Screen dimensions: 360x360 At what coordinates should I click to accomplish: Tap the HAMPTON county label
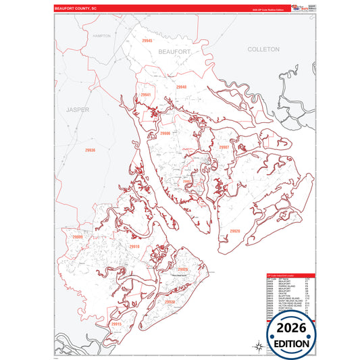tap(101, 36)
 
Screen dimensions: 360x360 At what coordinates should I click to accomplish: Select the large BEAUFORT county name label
tap(175, 51)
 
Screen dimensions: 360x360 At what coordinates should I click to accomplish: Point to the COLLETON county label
tap(263, 50)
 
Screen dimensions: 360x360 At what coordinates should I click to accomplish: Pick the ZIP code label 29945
tap(147, 41)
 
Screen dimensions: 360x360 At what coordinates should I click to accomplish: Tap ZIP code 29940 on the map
tap(181, 87)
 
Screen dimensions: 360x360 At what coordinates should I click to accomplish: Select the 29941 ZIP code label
tap(146, 95)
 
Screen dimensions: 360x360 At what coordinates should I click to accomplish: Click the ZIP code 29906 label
tap(165, 134)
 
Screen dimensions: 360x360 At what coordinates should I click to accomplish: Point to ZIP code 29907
tap(224, 147)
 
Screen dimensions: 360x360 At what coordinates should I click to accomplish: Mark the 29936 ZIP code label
tap(91, 150)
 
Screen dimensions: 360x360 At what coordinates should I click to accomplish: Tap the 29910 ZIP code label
tap(134, 247)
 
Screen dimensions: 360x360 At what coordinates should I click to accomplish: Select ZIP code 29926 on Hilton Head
tap(182, 269)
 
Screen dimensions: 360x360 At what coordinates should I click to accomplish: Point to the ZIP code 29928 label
tap(169, 301)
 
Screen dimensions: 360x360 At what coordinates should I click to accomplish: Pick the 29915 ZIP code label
tap(116, 324)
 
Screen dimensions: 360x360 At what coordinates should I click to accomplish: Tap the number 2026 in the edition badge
tap(291, 327)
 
